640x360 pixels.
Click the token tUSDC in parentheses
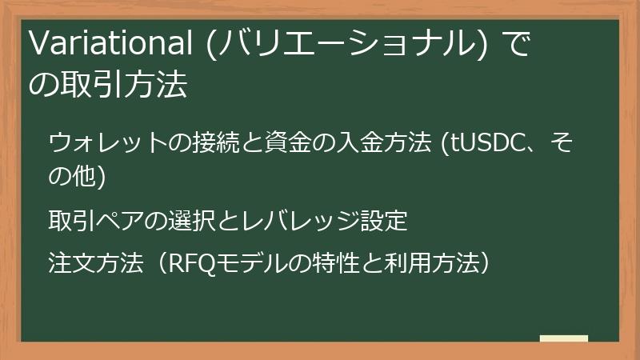484,145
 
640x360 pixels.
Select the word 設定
385,219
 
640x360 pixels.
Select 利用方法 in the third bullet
428,263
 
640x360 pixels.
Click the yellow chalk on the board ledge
563,338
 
